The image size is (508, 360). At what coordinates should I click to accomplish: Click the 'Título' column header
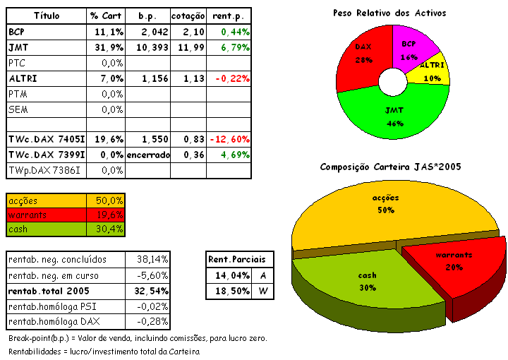coord(47,16)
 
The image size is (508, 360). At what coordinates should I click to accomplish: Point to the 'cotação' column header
coord(188,16)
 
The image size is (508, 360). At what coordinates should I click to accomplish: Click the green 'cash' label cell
coord(46,229)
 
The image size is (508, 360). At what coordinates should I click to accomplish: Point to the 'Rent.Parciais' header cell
coord(239,259)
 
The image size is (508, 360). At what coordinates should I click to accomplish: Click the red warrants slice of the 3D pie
coord(455,265)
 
